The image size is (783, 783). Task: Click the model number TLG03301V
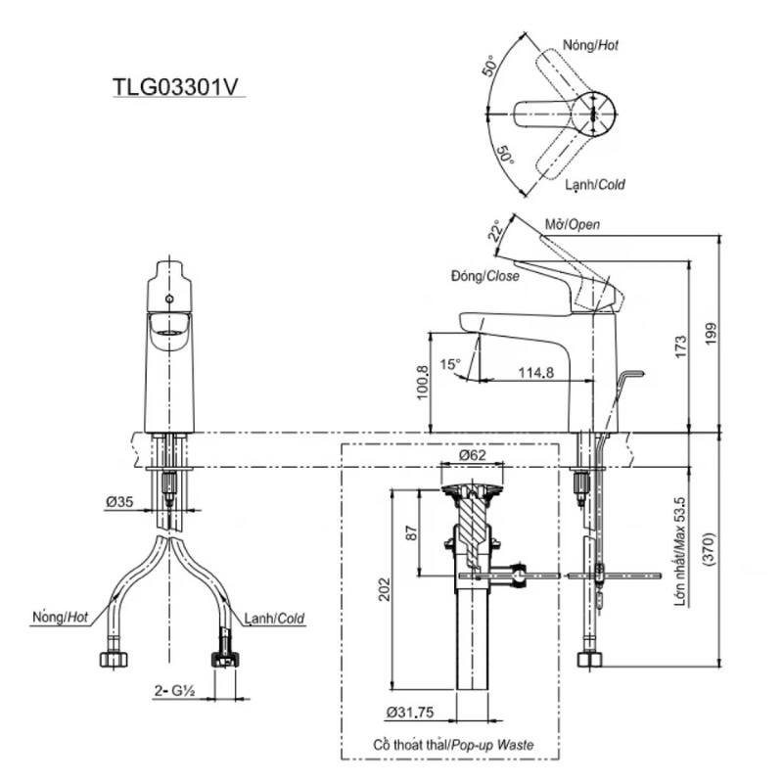coord(176,86)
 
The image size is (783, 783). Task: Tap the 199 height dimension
coord(711,333)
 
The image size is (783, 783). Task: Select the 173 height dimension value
coord(680,346)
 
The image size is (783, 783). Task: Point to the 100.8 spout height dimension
coord(422,383)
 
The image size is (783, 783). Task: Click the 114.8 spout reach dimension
coord(535,373)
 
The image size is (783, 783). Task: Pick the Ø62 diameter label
coord(472,455)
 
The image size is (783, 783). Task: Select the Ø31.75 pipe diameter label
coord(410,713)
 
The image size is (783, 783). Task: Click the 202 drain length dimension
coord(384,589)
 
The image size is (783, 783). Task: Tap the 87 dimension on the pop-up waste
coord(411,532)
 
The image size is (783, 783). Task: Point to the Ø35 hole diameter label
coord(119,501)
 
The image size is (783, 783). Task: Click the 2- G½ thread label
coord(174,691)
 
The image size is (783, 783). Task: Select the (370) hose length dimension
coord(709,549)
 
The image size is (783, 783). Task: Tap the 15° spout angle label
coord(450,364)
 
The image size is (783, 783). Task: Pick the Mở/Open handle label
coord(573,225)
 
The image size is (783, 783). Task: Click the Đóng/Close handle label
coord(484,276)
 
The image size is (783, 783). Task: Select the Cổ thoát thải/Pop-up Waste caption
coord(453,745)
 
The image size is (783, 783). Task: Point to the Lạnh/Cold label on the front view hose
coord(274,620)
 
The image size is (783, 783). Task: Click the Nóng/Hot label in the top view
coord(591,45)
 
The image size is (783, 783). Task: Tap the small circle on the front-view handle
coord(168,299)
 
